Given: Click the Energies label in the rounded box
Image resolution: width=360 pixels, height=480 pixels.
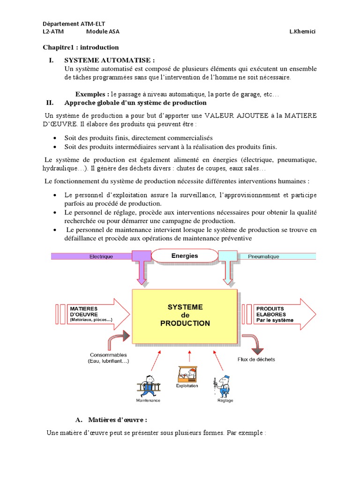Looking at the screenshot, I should (185, 256).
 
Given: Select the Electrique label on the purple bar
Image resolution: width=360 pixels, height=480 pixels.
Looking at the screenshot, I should (101, 256).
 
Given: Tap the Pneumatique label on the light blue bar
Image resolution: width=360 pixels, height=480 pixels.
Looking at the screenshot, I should (263, 256).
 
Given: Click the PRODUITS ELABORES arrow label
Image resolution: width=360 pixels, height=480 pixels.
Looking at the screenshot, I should (276, 314).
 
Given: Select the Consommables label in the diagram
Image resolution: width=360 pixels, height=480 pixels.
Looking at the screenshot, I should (108, 358).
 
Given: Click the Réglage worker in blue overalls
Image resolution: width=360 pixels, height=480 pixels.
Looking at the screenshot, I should (224, 386).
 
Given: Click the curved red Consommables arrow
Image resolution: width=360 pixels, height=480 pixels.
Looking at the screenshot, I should (118, 339).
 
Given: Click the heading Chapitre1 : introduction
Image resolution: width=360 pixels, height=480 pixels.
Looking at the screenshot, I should (81, 47).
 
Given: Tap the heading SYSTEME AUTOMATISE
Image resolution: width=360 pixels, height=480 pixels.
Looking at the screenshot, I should (109, 60).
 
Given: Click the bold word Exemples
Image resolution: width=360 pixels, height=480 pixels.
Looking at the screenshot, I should (92, 94).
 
